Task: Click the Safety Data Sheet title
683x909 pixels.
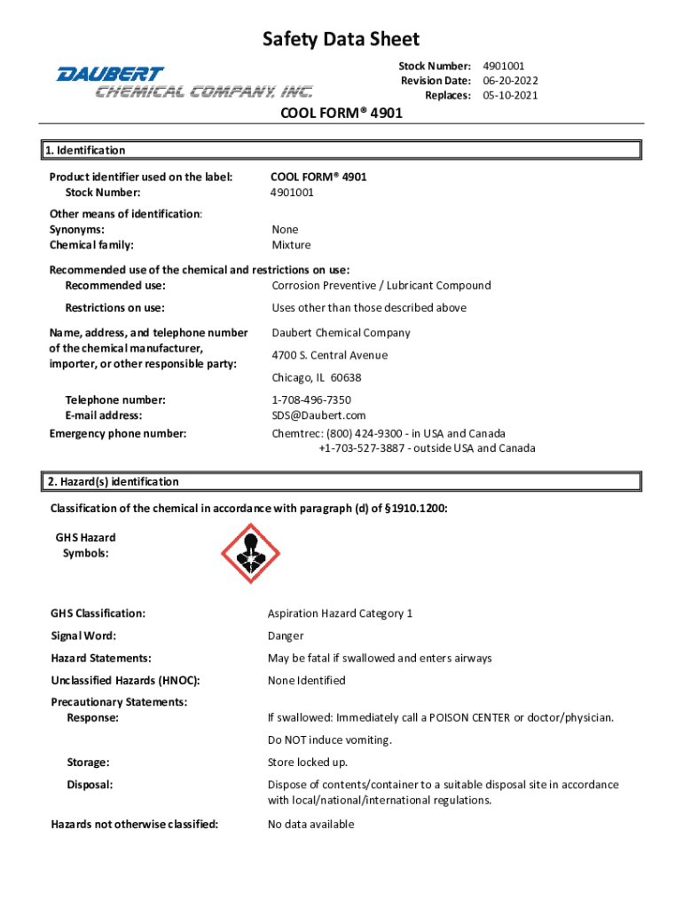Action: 341,39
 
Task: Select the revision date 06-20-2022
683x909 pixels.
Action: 510,81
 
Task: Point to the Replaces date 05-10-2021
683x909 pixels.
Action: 510,96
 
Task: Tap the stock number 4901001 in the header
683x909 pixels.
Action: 504,66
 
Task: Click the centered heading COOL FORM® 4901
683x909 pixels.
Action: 341,114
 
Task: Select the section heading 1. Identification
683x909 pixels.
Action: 85,150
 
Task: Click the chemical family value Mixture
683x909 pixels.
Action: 291,245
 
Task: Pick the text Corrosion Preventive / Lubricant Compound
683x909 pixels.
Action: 381,285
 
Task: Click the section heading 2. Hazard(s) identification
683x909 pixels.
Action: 113,481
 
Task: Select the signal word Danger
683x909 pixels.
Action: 286,636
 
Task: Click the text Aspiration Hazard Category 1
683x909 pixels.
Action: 340,613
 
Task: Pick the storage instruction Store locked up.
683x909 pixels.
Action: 308,763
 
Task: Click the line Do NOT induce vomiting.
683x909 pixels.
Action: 329,739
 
